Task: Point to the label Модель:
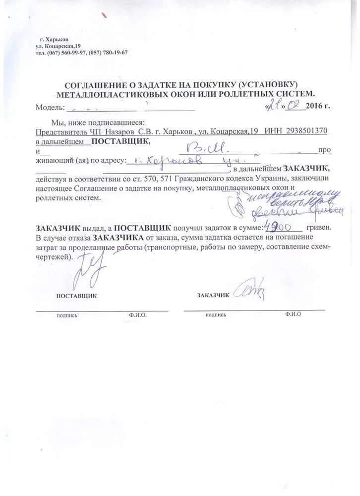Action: point(50,107)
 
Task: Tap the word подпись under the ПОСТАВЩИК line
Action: point(67,315)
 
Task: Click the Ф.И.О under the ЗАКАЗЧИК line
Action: point(293,314)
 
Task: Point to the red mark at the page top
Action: point(104,15)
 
